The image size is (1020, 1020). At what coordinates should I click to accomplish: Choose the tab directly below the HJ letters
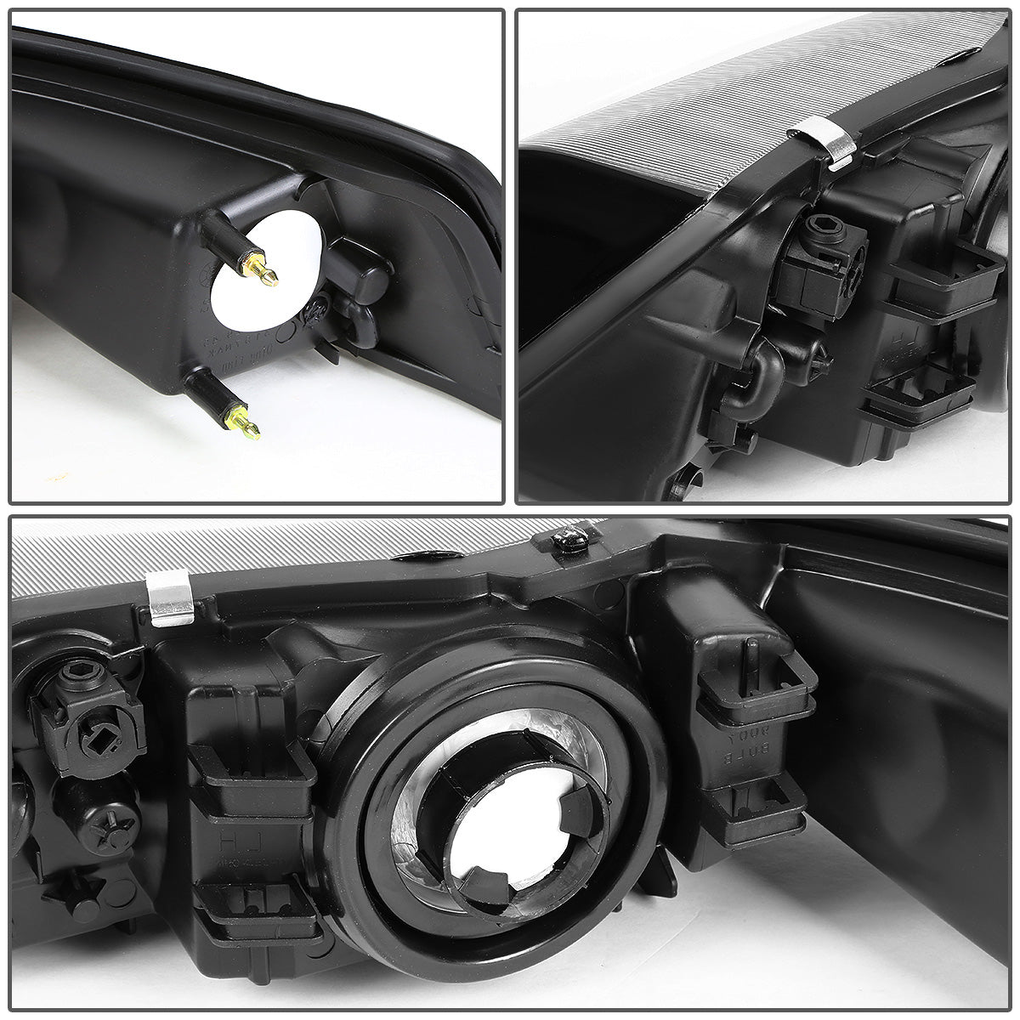(255, 908)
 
